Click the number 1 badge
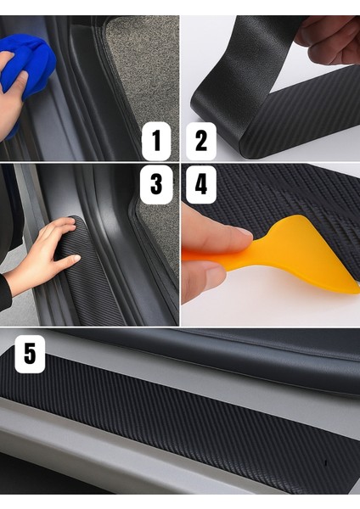(156, 141)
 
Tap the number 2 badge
(200, 141)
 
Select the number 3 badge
(156, 184)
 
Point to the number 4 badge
(200, 184)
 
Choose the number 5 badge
(30, 353)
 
